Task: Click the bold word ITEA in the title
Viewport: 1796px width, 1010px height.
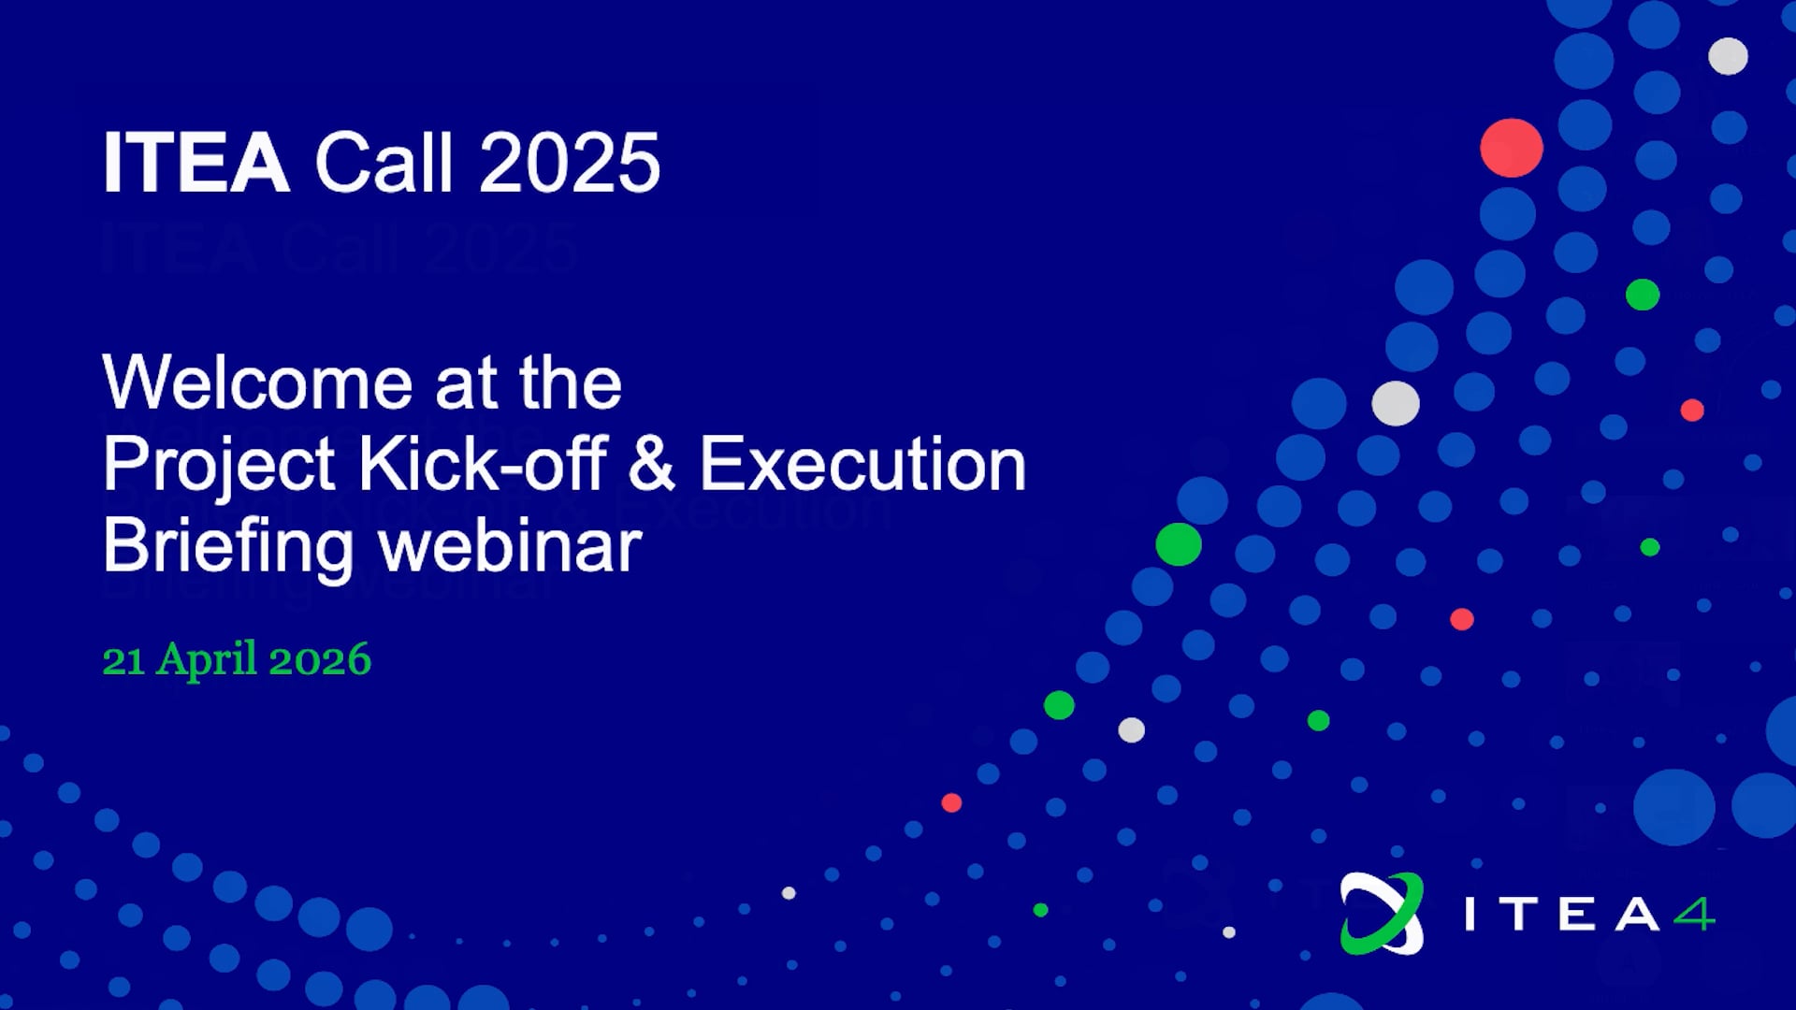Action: click(x=196, y=163)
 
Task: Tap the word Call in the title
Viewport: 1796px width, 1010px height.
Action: click(x=384, y=162)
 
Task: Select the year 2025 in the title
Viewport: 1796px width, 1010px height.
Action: click(x=570, y=163)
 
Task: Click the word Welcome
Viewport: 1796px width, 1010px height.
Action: click(x=257, y=382)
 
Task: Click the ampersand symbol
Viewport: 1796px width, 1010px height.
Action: click(x=652, y=463)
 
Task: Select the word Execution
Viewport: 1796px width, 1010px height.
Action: click(x=862, y=464)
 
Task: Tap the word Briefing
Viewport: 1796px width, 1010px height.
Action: click(x=228, y=548)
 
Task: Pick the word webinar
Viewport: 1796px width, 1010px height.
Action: click(x=511, y=545)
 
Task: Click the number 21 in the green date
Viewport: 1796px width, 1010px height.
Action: click(x=123, y=661)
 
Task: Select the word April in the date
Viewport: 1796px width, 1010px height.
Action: click(x=207, y=661)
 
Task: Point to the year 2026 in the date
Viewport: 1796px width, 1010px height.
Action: click(x=320, y=660)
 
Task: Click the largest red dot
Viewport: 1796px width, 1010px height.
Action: click(x=1512, y=148)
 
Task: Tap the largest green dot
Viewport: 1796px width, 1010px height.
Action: click(x=1179, y=544)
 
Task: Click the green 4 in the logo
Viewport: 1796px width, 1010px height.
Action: click(x=1694, y=914)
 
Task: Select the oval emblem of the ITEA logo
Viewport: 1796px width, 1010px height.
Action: click(x=1382, y=914)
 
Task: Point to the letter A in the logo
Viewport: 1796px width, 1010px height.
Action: click(x=1636, y=914)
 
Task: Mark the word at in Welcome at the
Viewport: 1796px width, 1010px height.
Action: click(x=466, y=384)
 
